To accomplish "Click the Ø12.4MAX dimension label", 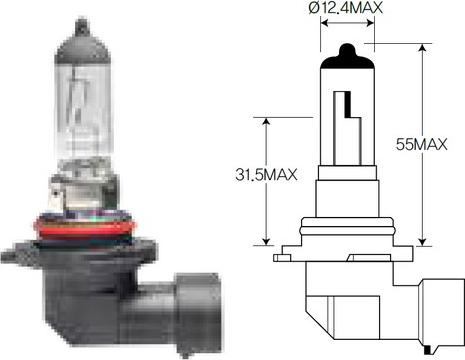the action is coord(345,7).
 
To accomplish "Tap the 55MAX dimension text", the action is coord(421,144).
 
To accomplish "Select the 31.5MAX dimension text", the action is coord(266,175).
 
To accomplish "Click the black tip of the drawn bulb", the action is coord(347,57).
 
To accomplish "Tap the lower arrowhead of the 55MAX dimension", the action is coord(422,241).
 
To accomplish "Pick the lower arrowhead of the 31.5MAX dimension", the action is coord(266,241).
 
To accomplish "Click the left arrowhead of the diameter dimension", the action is coord(325,23).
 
